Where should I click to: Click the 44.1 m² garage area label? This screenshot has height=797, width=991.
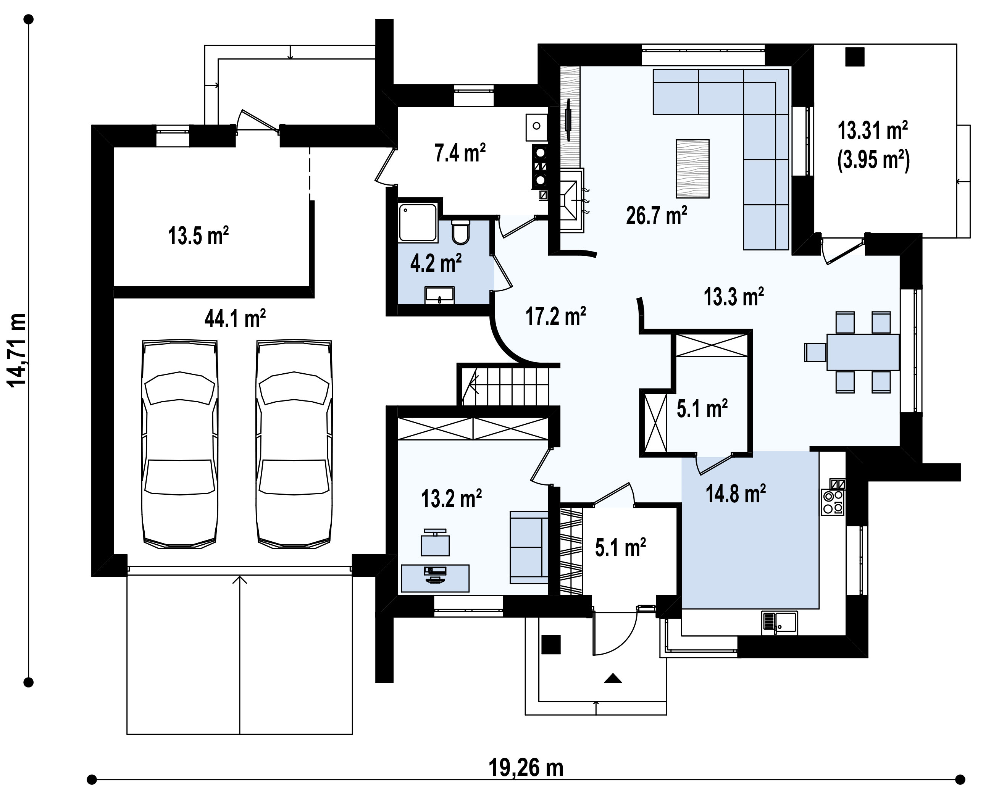235,318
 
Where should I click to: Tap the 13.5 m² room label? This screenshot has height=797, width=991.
198,236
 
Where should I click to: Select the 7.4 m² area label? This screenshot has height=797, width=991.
460,153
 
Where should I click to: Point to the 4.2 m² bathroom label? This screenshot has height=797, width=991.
436,263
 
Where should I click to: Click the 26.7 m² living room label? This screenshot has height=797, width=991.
656,215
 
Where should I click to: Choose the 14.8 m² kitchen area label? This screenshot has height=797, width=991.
736,493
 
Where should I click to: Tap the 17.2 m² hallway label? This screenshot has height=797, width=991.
555,316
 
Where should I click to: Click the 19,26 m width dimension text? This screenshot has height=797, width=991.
526,768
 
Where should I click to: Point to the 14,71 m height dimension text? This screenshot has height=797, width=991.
17,350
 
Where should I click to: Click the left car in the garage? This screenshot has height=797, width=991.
180,444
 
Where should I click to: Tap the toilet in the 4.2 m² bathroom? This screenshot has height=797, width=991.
460,232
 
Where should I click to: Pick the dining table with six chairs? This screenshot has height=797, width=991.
852,352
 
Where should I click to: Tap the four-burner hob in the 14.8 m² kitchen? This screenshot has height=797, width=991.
833,502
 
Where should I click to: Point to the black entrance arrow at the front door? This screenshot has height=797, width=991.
612,678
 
